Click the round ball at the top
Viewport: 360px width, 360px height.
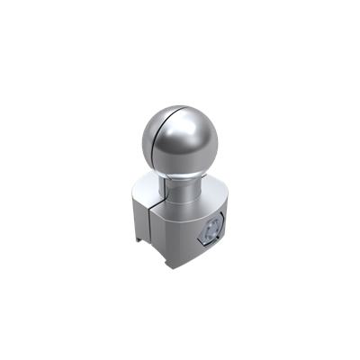pos(179,140)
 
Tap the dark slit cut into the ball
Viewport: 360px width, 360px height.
pos(162,135)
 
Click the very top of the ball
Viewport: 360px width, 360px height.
pos(179,105)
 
